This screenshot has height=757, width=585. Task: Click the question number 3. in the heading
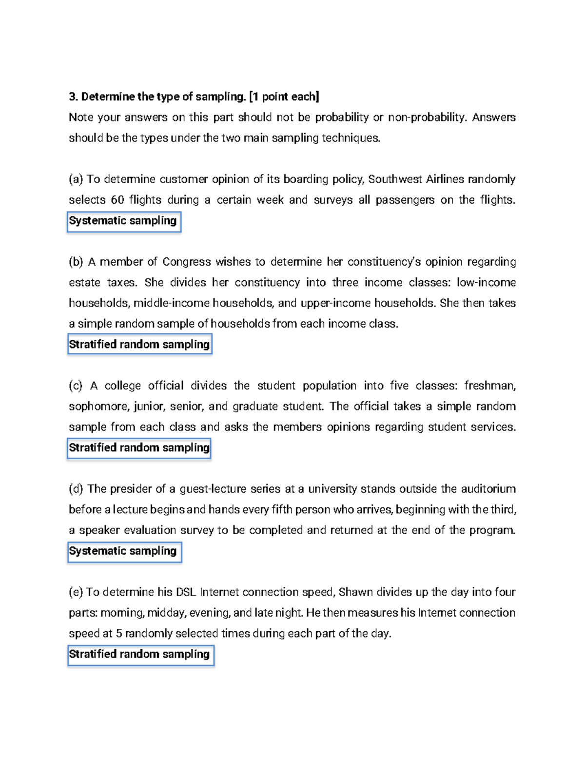[x=73, y=97]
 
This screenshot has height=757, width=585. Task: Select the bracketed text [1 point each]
[x=284, y=97]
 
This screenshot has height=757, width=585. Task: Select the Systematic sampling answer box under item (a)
[x=124, y=221]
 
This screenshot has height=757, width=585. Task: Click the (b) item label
[x=76, y=262]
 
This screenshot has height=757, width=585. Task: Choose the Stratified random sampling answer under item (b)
[x=139, y=345]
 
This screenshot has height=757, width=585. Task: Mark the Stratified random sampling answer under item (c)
[x=139, y=448]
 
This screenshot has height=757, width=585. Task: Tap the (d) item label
[x=76, y=489]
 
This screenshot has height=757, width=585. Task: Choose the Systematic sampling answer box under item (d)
[x=124, y=551]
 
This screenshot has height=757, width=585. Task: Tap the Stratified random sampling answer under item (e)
[x=140, y=655]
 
